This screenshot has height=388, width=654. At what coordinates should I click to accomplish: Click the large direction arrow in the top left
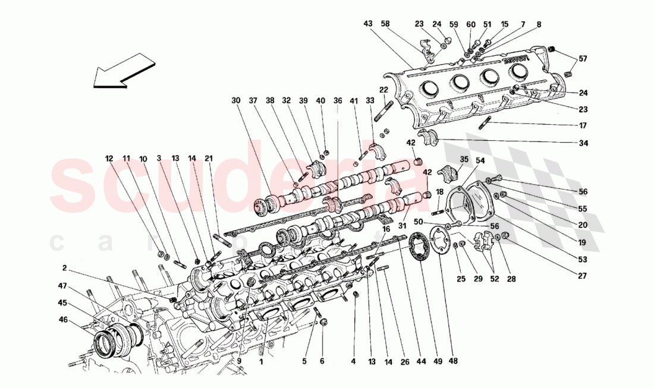tap(123, 71)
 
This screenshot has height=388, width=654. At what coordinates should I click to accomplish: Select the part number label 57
tap(583, 58)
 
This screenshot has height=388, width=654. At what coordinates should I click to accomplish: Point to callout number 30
tap(236, 100)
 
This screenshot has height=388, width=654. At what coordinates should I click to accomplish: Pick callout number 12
tap(109, 159)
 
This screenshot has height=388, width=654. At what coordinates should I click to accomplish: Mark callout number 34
tap(583, 143)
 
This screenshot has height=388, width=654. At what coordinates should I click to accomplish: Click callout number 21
tap(208, 159)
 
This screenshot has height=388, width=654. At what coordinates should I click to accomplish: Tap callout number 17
tap(583, 125)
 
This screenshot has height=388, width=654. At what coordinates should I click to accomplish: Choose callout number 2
tap(65, 267)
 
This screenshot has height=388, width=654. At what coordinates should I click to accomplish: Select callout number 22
tap(383, 89)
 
